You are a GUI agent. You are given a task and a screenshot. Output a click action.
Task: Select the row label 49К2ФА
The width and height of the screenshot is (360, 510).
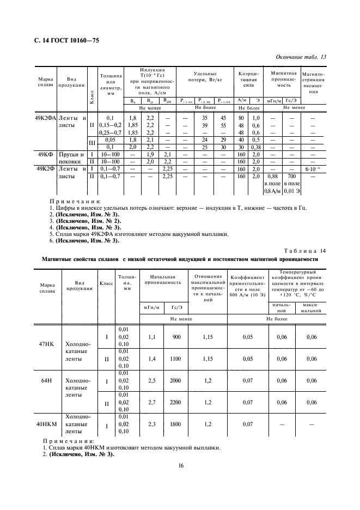tap(46, 118)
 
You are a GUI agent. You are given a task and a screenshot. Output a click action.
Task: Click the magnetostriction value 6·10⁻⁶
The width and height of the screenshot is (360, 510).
tap(314, 169)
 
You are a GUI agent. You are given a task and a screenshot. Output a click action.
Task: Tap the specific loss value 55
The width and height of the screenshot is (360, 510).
tap(223, 125)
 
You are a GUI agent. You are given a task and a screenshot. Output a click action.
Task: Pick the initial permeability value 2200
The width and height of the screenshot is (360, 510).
tap(176, 402)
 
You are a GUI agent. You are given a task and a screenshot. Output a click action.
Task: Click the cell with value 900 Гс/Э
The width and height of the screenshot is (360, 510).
tap(176, 337)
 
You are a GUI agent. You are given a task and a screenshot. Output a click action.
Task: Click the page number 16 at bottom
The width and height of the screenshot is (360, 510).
tap(180, 465)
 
